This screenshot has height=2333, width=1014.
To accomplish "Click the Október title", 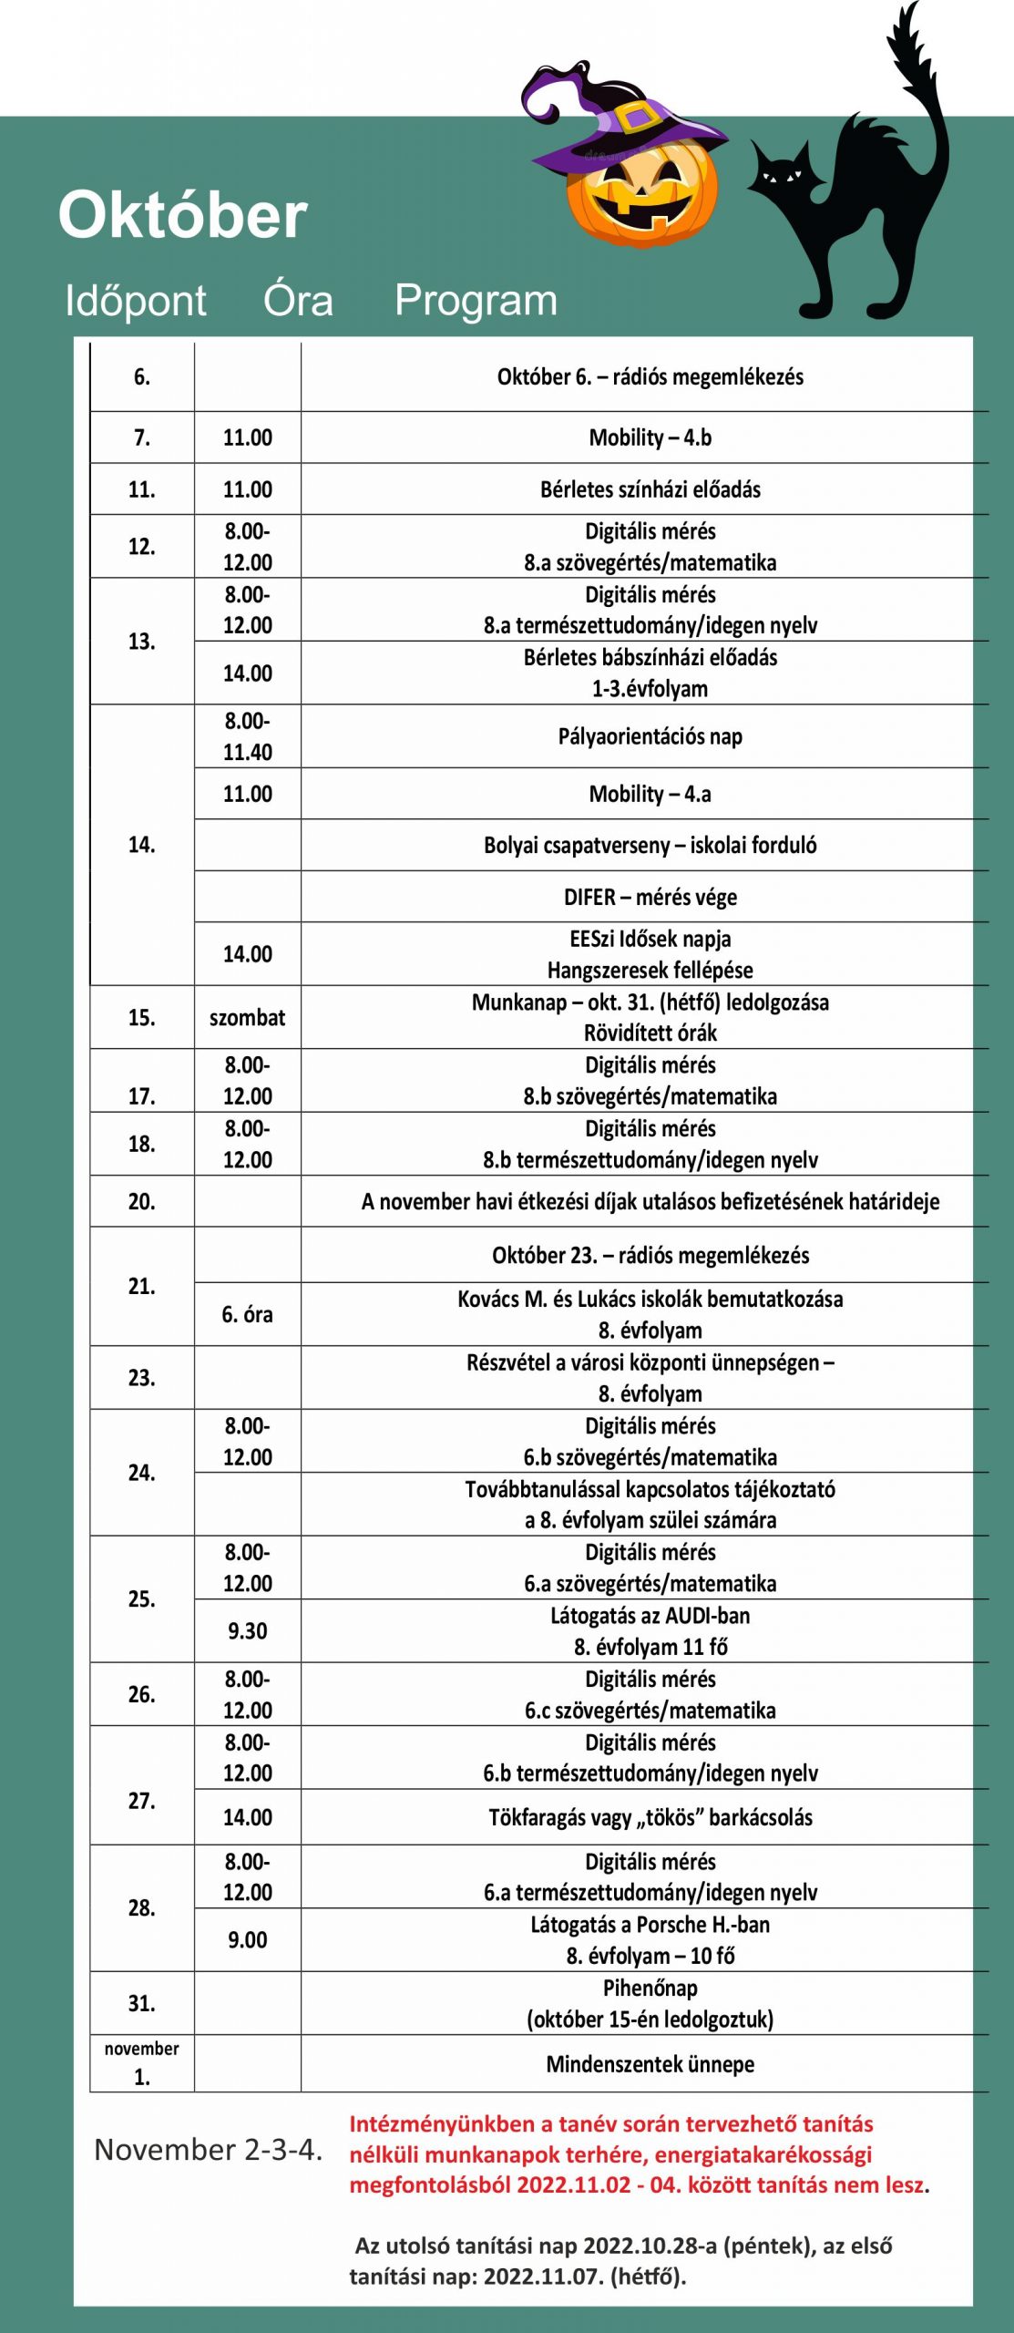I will coord(183,215).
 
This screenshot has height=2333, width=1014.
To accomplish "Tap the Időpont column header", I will coord(136,301).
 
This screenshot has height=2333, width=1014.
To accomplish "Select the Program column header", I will coord(476,300).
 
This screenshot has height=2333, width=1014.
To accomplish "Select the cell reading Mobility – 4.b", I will coord(650,437).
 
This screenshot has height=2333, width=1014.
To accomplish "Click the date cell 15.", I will coord(141,1017).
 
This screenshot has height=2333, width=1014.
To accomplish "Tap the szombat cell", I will coord(247,1017).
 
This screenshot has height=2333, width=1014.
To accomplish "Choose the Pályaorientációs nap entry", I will coord(650,736).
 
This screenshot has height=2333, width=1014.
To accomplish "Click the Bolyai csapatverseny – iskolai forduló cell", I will coord(650,845).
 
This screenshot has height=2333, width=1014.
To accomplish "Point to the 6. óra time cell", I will coord(247,1314).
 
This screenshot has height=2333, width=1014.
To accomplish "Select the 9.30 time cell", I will coord(247,1630).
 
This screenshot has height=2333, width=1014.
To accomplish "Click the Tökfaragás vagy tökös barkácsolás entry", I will coord(650,1817).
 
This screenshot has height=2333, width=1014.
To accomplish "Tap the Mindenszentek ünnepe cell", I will coord(650,2064).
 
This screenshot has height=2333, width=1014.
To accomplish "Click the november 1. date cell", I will coord(141,2063).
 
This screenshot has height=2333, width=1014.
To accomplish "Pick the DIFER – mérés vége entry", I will coord(650,897).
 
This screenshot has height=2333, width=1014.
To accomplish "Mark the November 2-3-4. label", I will coord(208,2150).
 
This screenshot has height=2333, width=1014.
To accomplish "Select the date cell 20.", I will coord(141,1201).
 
